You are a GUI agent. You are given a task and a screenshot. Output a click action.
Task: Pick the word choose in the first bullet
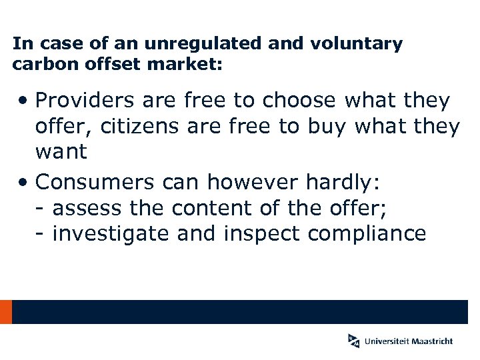tap(300, 101)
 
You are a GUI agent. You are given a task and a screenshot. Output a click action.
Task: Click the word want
tap(61, 151)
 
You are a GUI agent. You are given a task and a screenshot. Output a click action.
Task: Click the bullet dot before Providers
tap(23, 101)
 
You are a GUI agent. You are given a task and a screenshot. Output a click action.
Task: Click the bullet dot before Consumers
tap(23, 181)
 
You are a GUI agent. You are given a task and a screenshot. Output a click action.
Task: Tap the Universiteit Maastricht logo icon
tap(353, 340)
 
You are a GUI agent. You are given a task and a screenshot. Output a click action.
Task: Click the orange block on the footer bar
tap(6, 312)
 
